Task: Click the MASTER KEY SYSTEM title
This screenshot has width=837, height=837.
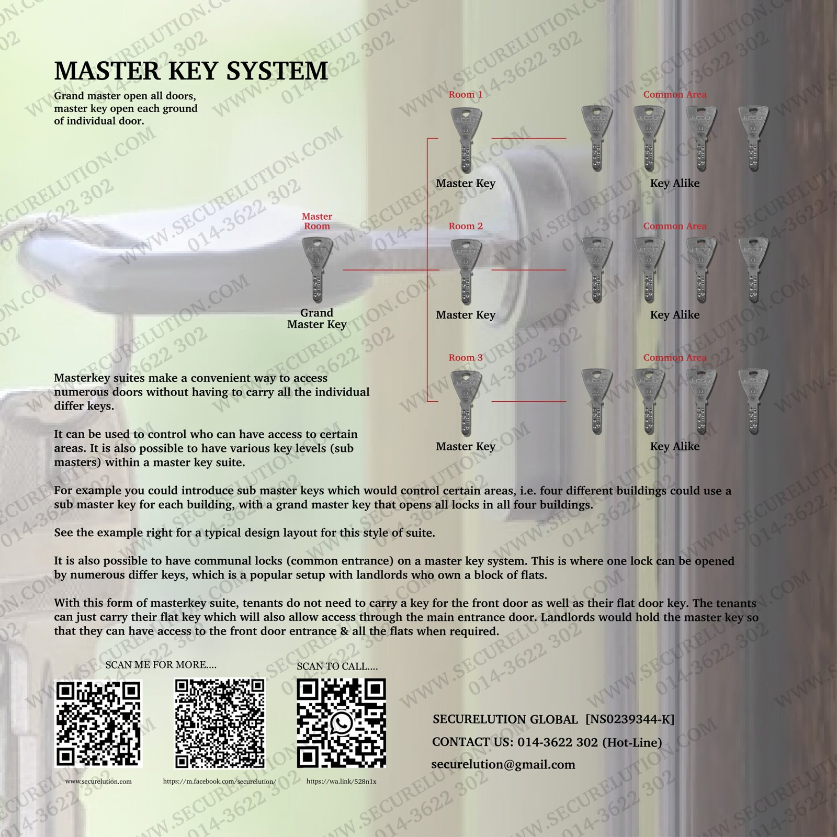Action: pos(191,71)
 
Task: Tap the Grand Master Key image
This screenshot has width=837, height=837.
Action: pos(317,270)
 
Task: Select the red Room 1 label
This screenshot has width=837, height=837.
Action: pos(466,95)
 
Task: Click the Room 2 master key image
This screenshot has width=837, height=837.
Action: pos(466,271)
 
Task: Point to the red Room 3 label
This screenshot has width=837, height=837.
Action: pos(466,358)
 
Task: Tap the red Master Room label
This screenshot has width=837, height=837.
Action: pos(317,221)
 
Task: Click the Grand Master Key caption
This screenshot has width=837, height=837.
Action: pos(317,319)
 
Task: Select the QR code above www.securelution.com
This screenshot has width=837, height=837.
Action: pos(99,724)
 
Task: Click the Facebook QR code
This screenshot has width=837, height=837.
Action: pos(220,724)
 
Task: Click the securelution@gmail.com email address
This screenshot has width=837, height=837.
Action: pos(503,764)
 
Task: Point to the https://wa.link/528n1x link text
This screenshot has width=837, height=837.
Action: pos(341,782)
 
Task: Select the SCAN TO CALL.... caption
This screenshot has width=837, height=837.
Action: pos(337,666)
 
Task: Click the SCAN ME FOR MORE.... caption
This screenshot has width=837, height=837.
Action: pos(161,665)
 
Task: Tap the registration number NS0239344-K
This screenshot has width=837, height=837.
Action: pos(630,719)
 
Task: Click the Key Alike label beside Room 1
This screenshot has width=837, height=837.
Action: pos(675,184)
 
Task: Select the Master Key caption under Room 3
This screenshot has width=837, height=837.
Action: pos(466,447)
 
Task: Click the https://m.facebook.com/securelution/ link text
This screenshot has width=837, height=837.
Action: pos(220,782)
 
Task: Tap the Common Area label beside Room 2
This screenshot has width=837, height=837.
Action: pos(675,227)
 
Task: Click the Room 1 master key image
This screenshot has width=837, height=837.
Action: pos(466,140)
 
